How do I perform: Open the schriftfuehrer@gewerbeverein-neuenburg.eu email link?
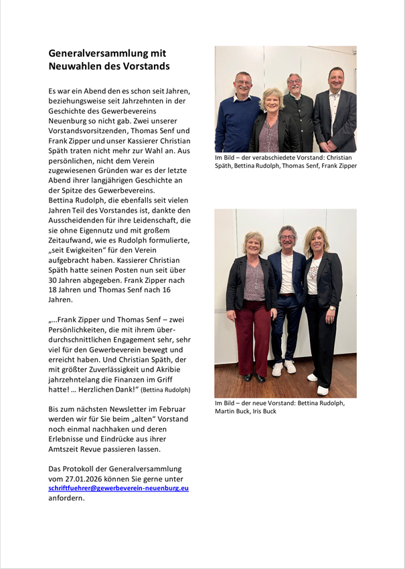tap(118, 488)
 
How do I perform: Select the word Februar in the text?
tap(169, 409)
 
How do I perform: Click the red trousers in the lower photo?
tap(252, 341)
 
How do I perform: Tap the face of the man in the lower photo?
tap(287, 239)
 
